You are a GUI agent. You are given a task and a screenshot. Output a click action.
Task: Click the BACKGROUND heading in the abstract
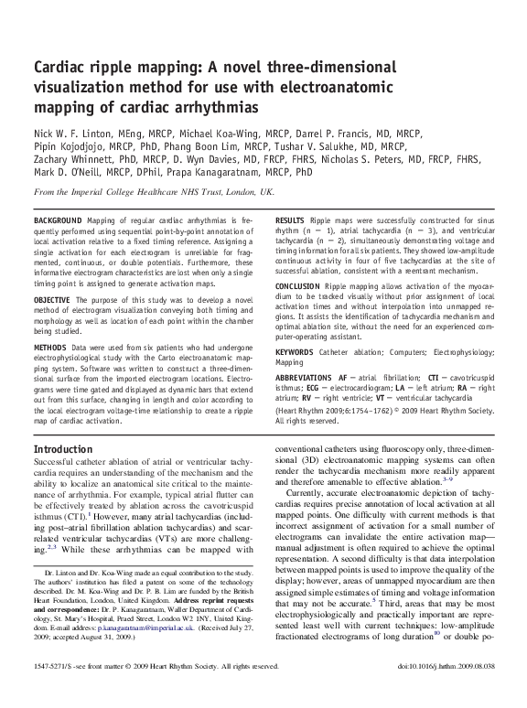tap(57, 221)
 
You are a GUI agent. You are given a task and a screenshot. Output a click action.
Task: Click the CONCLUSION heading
tap(302, 286)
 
